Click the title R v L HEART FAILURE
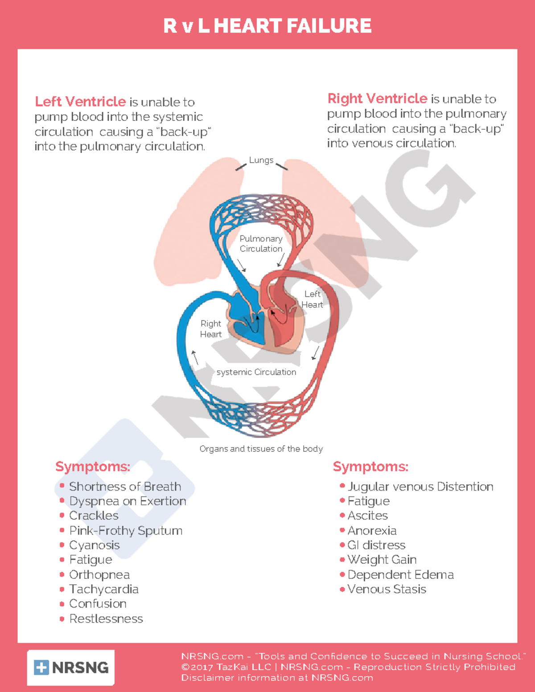[267, 26]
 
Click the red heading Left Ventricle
[80, 102]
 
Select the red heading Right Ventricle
[377, 98]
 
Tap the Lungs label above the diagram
[261, 160]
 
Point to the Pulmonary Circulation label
[261, 244]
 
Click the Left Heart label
[312, 299]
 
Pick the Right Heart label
[210, 329]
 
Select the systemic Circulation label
[256, 372]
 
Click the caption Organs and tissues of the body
[261, 449]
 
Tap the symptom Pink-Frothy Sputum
[126, 530]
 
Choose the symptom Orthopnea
[99, 574]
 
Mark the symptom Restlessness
[106, 618]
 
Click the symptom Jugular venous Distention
[420, 486]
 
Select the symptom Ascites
[368, 516]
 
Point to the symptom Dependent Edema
[400, 574]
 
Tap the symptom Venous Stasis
[387, 589]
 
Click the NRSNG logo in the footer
[71, 667]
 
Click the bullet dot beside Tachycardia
[62, 589]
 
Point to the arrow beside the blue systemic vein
[194, 357]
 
